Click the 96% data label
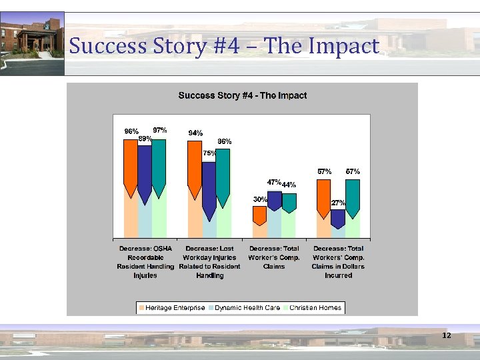pos(131,131)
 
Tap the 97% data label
pos(160,129)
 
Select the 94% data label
pos(195,133)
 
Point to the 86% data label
pos(225,141)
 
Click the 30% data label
pos(260,199)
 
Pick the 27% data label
pos(338,203)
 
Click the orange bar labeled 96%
pos(131,163)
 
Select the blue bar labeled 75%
pos(209,187)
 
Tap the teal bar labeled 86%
pos(223,170)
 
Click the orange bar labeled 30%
pos(259,215)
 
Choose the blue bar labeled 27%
pos(338,217)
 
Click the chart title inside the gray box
pos(242,95)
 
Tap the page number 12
pos(447,335)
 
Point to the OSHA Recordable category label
pos(145,261)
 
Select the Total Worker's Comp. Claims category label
pos(274,257)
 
